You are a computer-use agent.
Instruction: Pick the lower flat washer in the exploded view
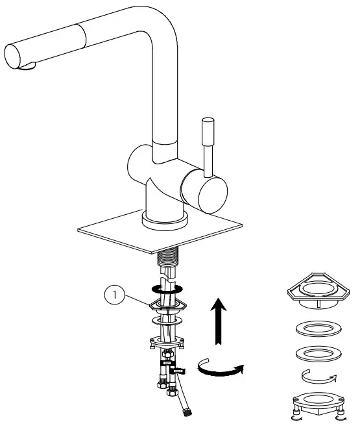318,354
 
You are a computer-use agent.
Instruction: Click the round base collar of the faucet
165,219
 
